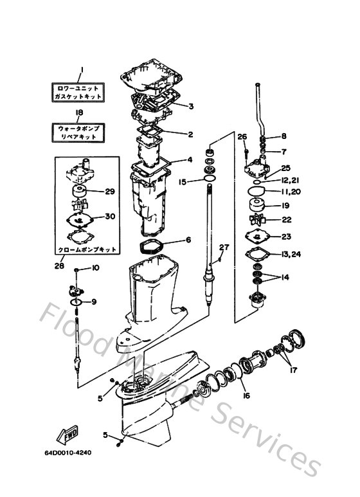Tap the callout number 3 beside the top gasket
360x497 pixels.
click(x=191, y=106)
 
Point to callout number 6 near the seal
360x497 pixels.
click(x=188, y=240)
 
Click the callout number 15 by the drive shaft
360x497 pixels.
click(x=183, y=182)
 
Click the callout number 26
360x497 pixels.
click(x=242, y=136)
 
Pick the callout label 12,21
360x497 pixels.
click(x=290, y=180)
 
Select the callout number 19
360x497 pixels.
click(x=286, y=206)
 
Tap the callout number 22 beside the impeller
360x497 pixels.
click(x=286, y=221)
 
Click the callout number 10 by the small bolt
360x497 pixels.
click(x=96, y=267)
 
